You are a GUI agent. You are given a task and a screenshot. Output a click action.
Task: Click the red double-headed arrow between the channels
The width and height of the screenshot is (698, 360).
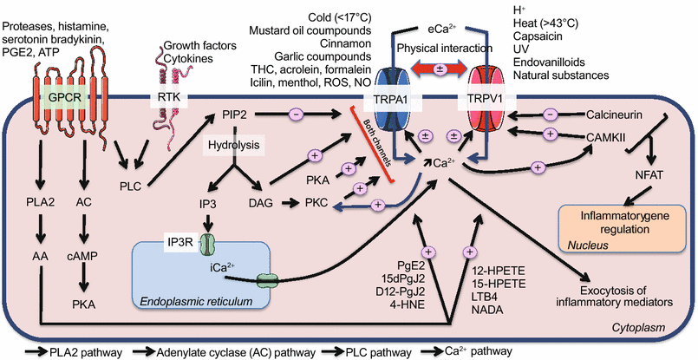click(x=441, y=68)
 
